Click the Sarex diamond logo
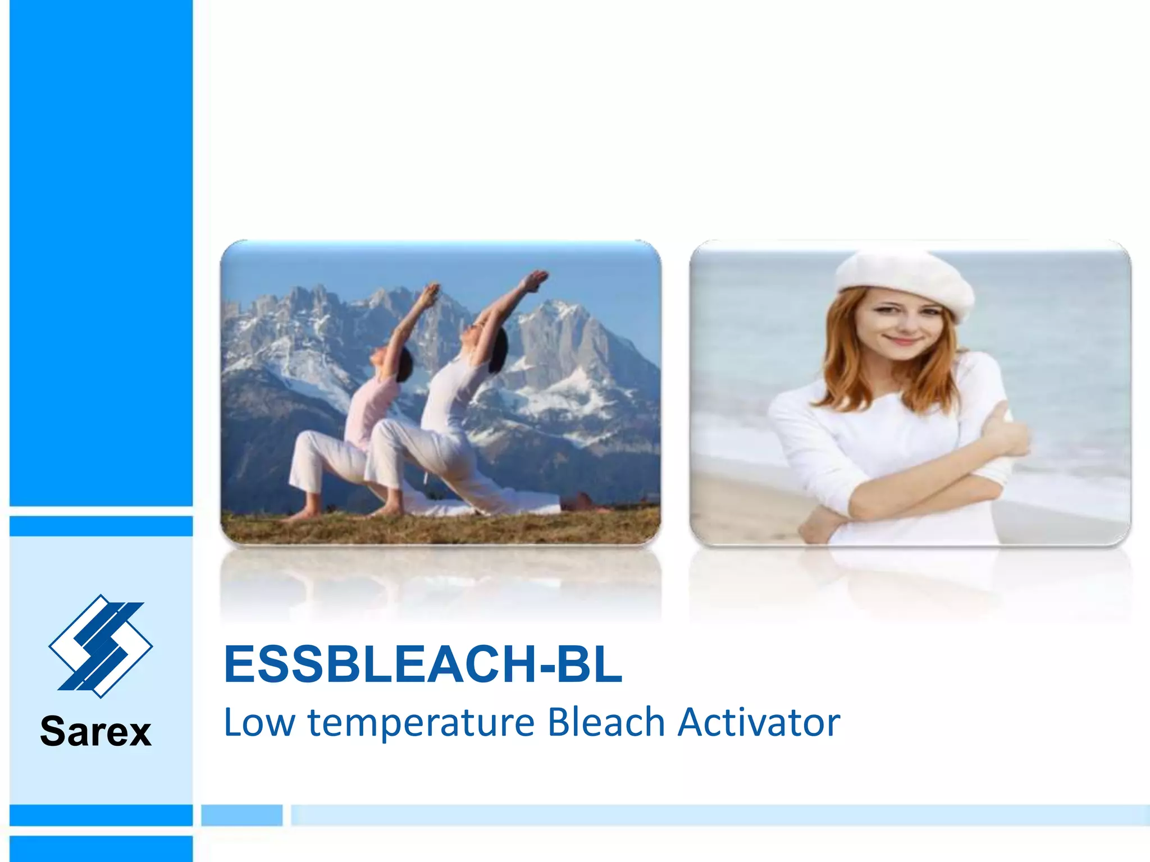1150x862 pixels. point(101,646)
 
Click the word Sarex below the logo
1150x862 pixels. point(96,732)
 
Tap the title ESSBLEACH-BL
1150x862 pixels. point(423,664)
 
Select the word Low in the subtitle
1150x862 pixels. point(259,722)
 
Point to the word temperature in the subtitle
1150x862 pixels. point(421,723)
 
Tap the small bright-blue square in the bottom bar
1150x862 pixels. point(242,815)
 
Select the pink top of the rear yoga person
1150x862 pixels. point(368,410)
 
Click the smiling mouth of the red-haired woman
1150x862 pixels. point(902,340)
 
